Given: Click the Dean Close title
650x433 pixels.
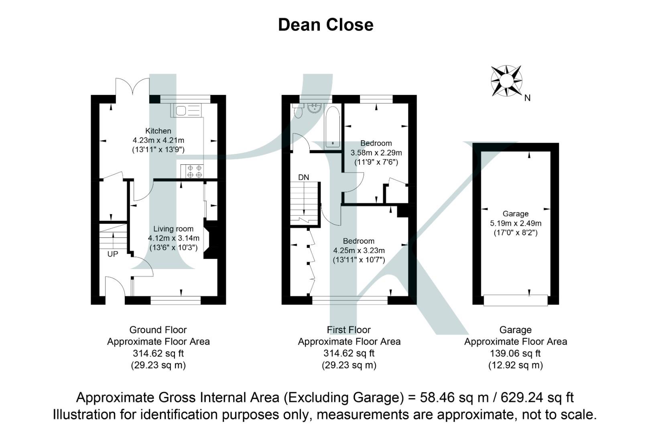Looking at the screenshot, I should (325, 25).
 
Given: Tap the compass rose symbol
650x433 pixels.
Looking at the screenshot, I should (506, 81).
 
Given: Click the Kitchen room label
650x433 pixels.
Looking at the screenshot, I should (158, 131).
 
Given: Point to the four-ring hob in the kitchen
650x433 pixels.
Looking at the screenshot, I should (194, 172).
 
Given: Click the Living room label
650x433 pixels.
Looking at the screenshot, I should (173, 229).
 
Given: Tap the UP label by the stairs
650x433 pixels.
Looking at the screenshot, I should (113, 254).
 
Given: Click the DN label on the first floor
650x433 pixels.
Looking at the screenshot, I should (303, 177).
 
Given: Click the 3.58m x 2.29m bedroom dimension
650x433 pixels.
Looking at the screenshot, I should (376, 153).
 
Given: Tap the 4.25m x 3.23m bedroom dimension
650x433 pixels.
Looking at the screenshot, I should (359, 251).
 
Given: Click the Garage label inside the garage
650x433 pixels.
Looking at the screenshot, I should (516, 214).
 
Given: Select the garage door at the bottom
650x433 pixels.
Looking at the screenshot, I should (516, 300).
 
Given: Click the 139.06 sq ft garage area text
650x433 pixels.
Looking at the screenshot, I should (515, 354).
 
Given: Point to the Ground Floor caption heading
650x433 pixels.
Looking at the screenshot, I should (158, 330).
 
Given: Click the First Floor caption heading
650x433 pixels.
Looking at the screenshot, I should (349, 330).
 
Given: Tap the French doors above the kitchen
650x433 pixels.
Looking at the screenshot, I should (132, 87).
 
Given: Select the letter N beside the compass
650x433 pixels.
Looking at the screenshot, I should (527, 98).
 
